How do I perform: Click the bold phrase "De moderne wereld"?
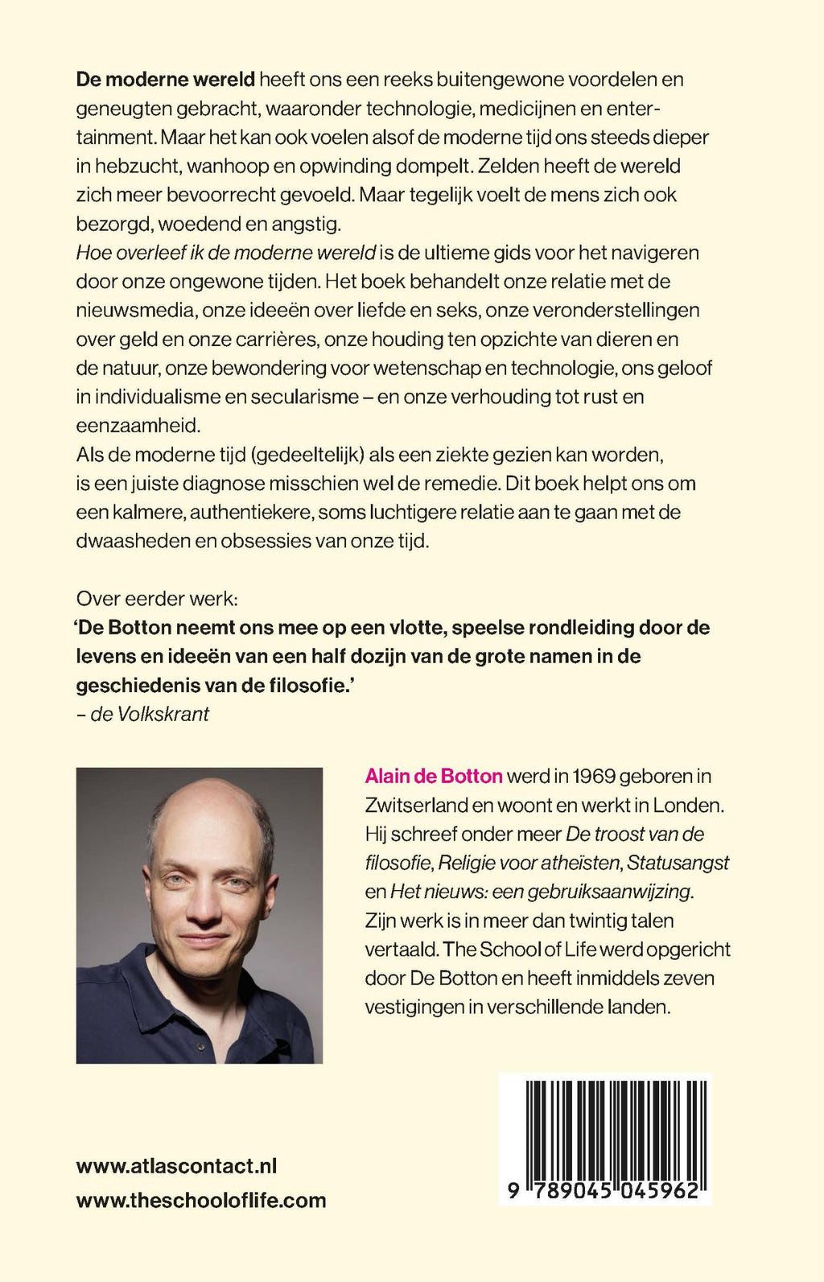pyautogui.click(x=165, y=80)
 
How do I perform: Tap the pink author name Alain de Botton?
pyautogui.click(x=434, y=777)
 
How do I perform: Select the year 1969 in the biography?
pyautogui.click(x=594, y=777)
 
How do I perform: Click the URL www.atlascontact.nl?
pyautogui.click(x=176, y=1166)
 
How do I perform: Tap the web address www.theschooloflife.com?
pyautogui.click(x=201, y=1201)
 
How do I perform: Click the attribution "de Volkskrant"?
pyautogui.click(x=149, y=714)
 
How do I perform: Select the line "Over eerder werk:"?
pyautogui.click(x=157, y=599)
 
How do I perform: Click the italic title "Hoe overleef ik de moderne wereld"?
pyautogui.click(x=226, y=253)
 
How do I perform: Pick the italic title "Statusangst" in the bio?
pyautogui.click(x=678, y=864)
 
